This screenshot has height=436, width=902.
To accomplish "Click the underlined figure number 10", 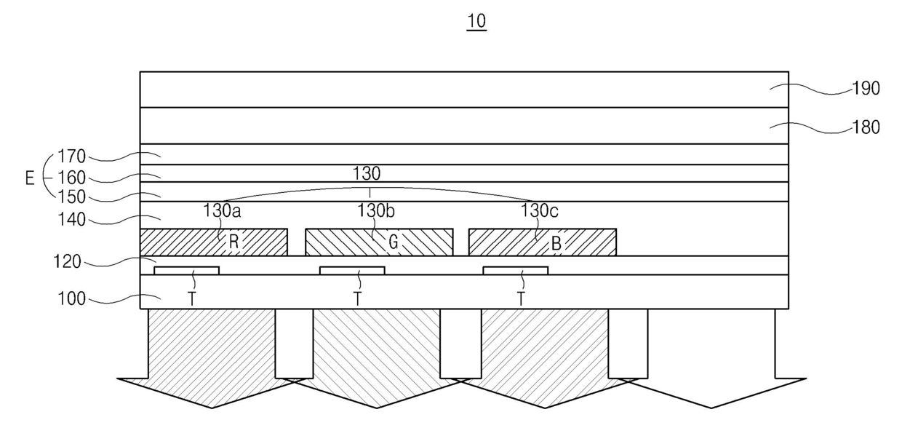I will [x=476, y=21].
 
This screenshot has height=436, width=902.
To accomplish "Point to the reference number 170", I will [x=73, y=156].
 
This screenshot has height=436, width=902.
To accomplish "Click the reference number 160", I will [x=73, y=178].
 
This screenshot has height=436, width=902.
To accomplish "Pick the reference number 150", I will [x=73, y=197].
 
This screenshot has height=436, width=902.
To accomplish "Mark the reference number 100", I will [x=73, y=298].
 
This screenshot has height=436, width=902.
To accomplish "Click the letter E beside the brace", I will [x=30, y=178].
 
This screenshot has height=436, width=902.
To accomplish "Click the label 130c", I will [x=540, y=212].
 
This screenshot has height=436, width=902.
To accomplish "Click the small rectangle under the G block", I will [x=352, y=270].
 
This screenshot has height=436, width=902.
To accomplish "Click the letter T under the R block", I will [x=193, y=298].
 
